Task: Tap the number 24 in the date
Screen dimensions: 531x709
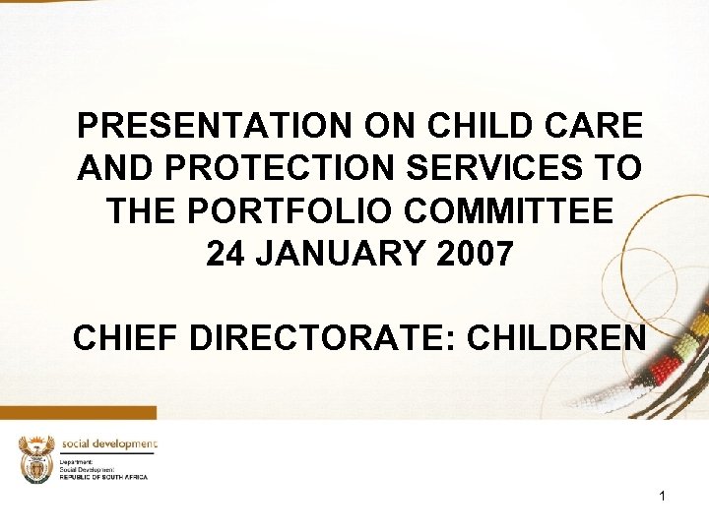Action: tap(226, 254)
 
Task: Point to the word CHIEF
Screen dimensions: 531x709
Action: tap(125, 339)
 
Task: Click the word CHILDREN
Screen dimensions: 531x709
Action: tap(556, 339)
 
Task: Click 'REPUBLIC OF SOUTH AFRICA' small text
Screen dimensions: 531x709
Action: tap(103, 477)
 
